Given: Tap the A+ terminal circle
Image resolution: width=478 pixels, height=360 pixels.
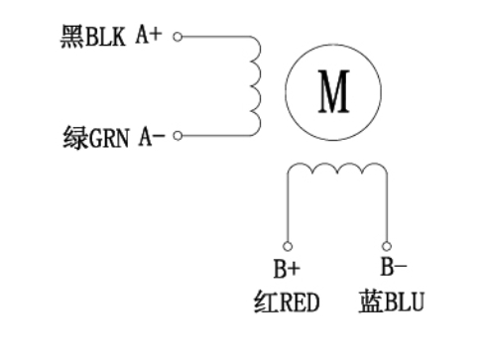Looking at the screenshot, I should (178, 39).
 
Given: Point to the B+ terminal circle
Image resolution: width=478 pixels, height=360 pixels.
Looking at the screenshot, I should (288, 245).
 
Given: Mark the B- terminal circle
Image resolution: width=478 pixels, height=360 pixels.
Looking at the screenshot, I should (387, 245).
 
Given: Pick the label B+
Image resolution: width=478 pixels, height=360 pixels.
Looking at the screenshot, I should (287, 268).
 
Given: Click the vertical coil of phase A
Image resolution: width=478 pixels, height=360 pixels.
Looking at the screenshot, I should (256, 86).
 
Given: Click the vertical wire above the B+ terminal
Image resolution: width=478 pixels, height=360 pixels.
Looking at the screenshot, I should (288, 208).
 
